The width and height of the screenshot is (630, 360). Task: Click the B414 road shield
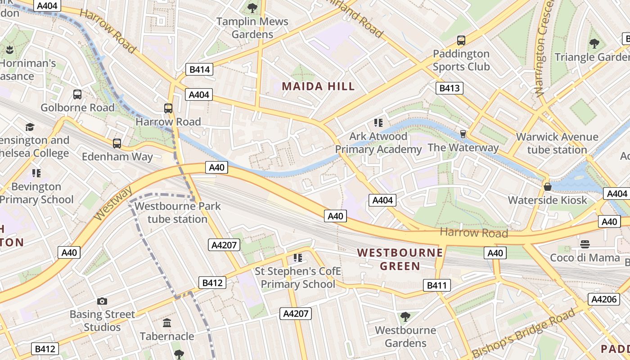pos(199,69)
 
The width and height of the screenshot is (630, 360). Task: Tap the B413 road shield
pos(449,88)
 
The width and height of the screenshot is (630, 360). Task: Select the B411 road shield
pos(436,285)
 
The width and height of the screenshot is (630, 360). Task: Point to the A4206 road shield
pos(603,299)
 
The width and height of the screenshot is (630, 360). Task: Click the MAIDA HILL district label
pos(318,86)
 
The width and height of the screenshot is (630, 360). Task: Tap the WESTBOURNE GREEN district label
pos(388,259)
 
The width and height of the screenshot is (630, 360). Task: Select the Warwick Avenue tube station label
pos(557,143)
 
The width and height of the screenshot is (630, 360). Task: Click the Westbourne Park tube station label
pos(178,213)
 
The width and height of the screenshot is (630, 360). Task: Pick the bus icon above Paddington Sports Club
pos(461,40)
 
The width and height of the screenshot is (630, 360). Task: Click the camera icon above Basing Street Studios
pos(102,301)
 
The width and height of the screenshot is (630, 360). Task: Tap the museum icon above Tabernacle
pos(167,323)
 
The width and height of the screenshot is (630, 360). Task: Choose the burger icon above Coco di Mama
pos(585,244)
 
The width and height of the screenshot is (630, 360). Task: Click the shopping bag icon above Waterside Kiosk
pos(548,186)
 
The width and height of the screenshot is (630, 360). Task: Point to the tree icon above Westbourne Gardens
pos(405,316)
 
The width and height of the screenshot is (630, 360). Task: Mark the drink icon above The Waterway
pos(463,134)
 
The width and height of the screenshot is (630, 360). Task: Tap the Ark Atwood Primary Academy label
pos(378,143)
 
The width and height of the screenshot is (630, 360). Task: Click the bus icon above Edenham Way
pos(117,144)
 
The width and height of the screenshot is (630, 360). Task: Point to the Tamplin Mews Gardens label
pos(252,28)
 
